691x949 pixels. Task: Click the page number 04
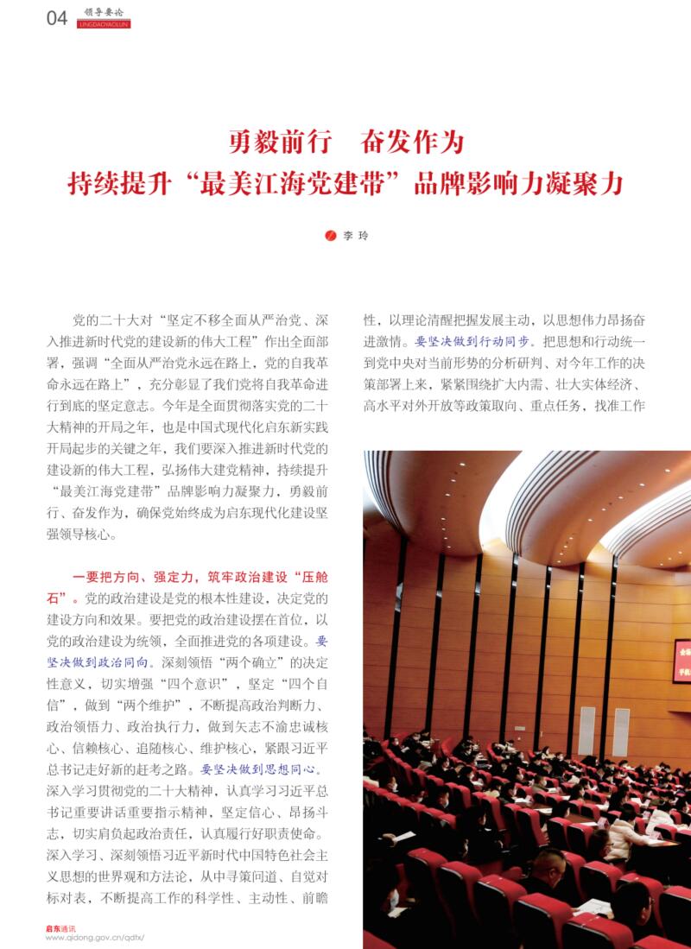[56, 18]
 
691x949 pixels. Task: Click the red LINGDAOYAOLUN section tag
[104, 24]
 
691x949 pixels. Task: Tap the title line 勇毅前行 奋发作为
[345, 141]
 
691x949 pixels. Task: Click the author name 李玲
[355, 235]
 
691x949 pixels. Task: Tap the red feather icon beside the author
[330, 235]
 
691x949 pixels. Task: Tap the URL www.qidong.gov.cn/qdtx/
[94, 938]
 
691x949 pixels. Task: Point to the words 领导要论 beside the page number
[103, 12]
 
